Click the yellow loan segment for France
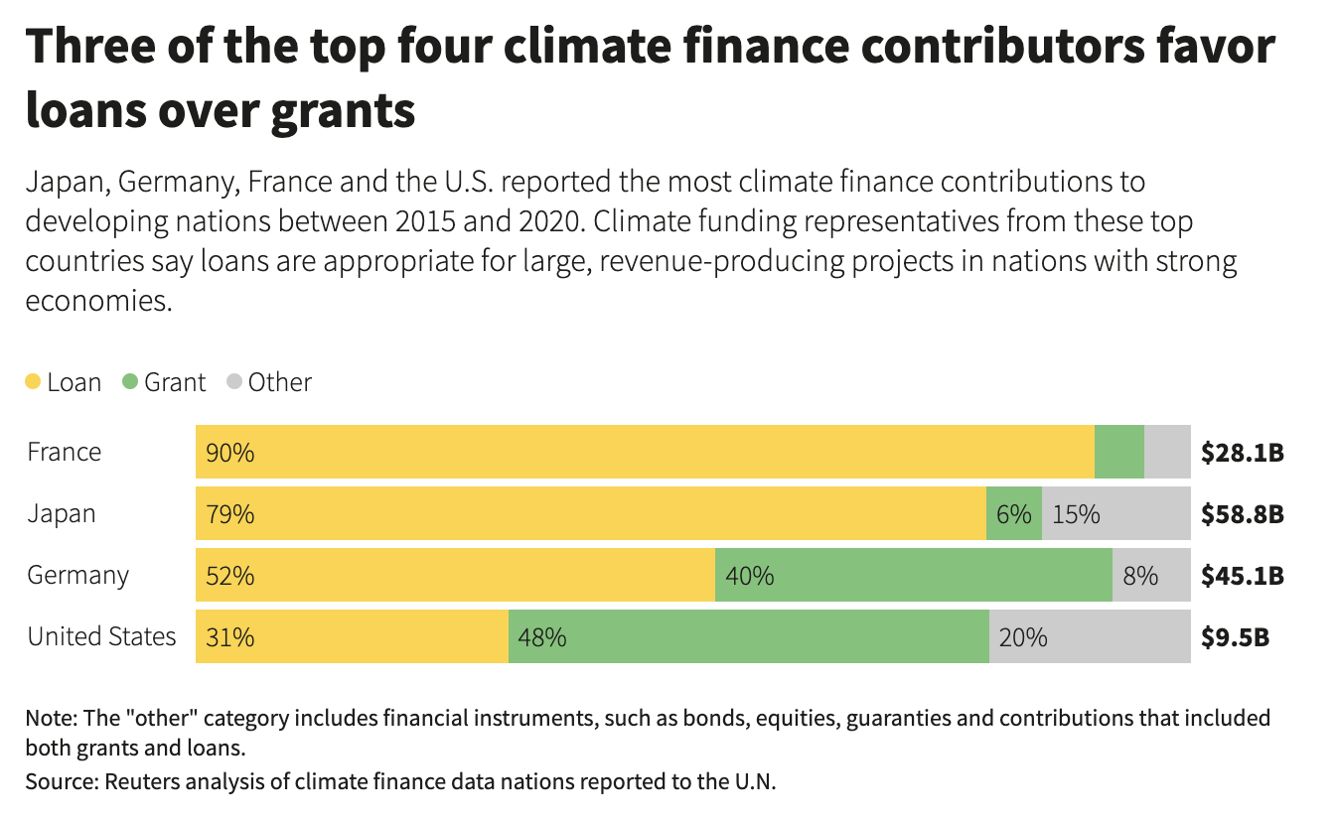pyautogui.click(x=646, y=452)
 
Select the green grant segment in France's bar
pyautogui.click(x=1118, y=452)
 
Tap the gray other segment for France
pyautogui.click(x=1167, y=452)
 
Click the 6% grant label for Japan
pyautogui.click(x=1014, y=514)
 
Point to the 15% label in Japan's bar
pyautogui.click(x=1076, y=514)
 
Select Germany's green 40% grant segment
pyautogui.click(x=913, y=576)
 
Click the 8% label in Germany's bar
pyautogui.click(x=1140, y=576)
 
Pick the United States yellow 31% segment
pyautogui.click(x=352, y=637)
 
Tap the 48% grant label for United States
pyautogui.click(x=542, y=637)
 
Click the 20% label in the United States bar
pyautogui.click(x=1023, y=637)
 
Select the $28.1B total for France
pyautogui.click(x=1243, y=453)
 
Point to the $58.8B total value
pyautogui.click(x=1243, y=514)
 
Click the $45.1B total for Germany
pyautogui.click(x=1243, y=576)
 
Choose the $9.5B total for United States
pyautogui.click(x=1235, y=637)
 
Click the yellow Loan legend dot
pyautogui.click(x=33, y=382)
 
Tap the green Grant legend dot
pyautogui.click(x=130, y=382)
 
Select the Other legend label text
pyautogui.click(x=279, y=382)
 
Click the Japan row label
pyautogui.click(x=62, y=514)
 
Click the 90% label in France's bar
pyautogui.click(x=229, y=453)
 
